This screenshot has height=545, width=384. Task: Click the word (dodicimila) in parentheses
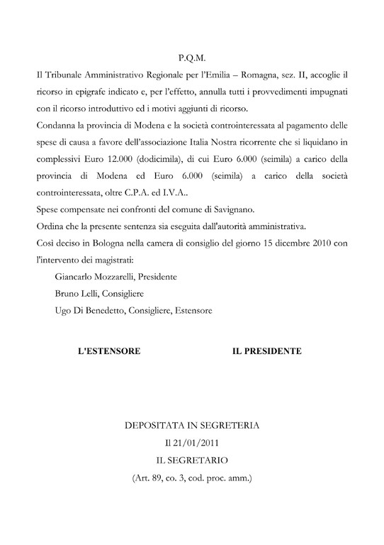[169, 160]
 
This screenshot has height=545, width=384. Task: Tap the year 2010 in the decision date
[315, 246]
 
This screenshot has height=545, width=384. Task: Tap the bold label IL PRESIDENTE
[267, 351]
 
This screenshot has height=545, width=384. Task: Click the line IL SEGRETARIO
[192, 461]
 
